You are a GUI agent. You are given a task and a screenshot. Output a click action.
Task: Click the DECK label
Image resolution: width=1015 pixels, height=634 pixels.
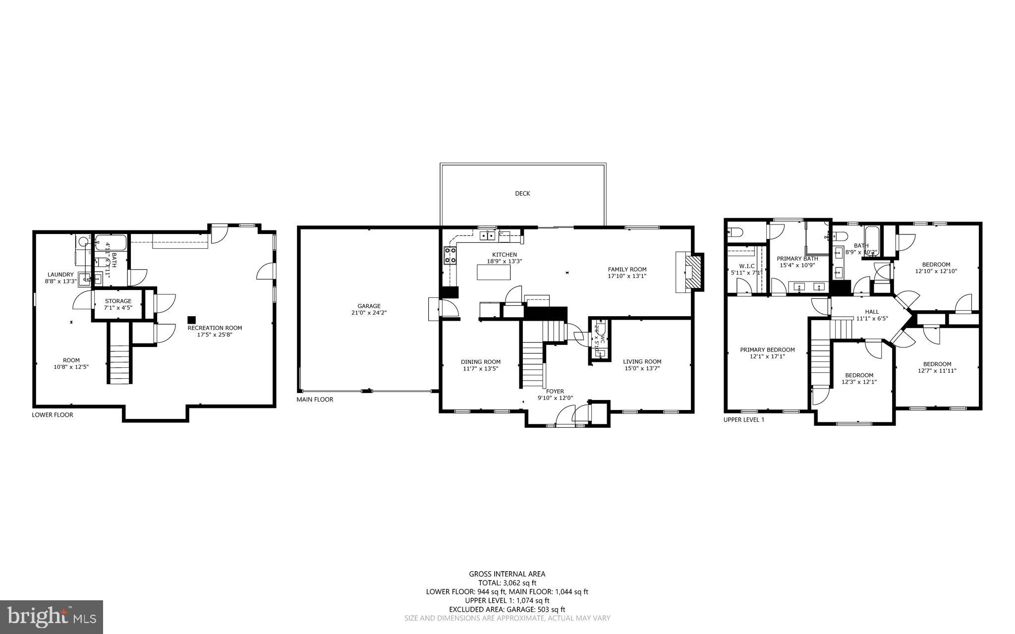coord(522,193)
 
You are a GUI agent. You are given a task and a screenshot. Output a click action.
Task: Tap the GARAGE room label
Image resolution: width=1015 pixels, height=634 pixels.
coord(369,306)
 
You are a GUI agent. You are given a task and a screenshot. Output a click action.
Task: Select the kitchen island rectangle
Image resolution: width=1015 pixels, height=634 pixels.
coord(493,272)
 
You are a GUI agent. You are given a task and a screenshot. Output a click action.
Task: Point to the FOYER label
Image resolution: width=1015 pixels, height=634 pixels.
coord(555,391)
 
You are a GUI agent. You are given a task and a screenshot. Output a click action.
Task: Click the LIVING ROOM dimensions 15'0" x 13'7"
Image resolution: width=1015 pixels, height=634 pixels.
coord(642,368)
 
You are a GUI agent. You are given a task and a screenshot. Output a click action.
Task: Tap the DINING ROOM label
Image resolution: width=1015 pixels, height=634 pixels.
coord(480,362)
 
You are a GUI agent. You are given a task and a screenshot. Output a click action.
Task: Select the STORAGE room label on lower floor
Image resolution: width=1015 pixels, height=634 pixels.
coord(118,301)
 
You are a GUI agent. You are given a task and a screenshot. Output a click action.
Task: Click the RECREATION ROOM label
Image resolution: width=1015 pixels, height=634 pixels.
coord(215,328)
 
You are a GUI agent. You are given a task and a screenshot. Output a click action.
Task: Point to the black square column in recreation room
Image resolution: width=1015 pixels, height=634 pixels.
coord(191,320)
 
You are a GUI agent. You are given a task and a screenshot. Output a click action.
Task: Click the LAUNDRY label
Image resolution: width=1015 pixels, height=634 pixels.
coord(60,275)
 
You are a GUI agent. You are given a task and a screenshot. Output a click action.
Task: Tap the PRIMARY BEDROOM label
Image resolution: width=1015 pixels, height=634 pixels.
coord(767,349)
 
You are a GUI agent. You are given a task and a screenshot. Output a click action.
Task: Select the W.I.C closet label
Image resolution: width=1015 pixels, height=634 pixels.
coord(746,266)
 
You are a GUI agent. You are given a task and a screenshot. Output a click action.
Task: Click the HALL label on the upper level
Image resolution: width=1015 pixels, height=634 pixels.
coord(872,312)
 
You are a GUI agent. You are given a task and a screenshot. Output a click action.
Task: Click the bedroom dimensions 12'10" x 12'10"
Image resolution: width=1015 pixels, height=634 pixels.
coord(936,271)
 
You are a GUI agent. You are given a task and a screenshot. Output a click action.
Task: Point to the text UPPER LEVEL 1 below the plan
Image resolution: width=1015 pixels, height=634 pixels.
coord(743,419)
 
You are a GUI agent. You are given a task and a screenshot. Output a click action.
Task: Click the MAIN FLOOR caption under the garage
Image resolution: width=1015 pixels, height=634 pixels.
coord(315,399)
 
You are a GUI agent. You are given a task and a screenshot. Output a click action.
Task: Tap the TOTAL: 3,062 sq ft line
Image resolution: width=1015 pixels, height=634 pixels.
coord(507,583)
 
